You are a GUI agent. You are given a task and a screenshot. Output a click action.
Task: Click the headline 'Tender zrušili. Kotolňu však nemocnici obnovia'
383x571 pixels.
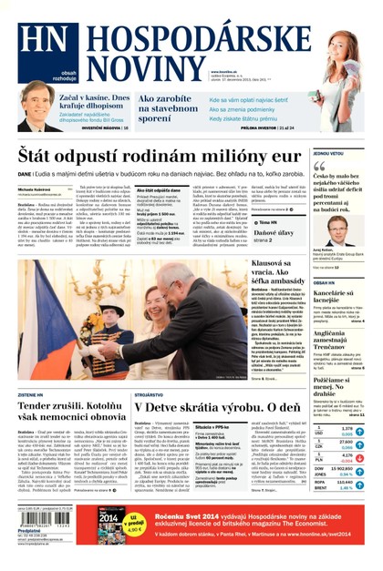pos(72,409)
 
